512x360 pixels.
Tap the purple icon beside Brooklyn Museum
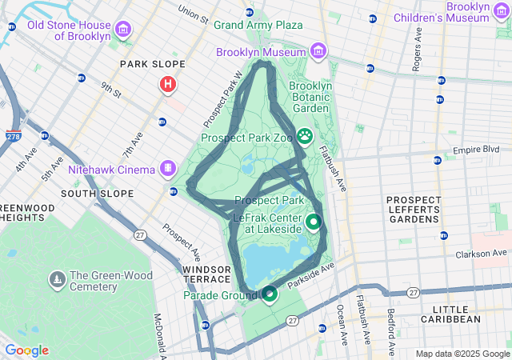(x=318, y=52)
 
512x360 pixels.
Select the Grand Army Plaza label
(x=258, y=25)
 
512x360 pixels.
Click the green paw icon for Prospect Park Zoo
(x=305, y=137)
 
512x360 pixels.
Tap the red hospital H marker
(x=168, y=84)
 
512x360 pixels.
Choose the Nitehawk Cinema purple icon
(x=168, y=169)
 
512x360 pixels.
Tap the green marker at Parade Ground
(x=270, y=294)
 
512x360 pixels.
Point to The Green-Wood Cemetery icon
(x=57, y=280)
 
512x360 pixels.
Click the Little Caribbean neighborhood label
(x=456, y=314)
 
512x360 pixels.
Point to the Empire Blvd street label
(x=475, y=150)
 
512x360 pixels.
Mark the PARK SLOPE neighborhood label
(x=152, y=64)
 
